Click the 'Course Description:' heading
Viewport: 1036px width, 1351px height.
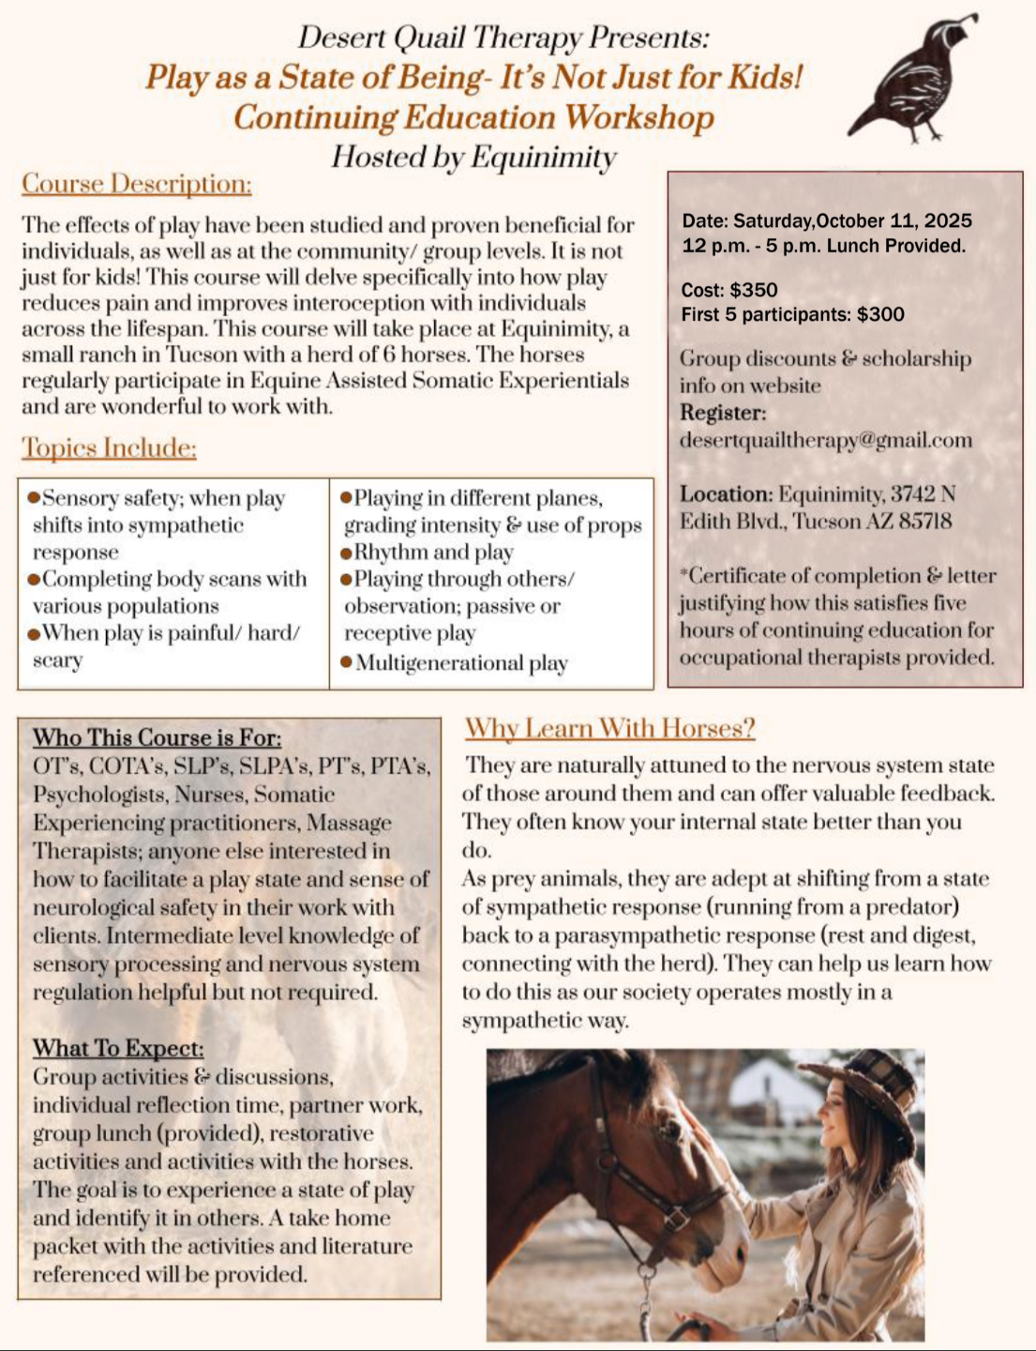137,184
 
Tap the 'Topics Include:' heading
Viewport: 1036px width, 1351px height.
109,448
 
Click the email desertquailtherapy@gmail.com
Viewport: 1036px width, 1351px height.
826,440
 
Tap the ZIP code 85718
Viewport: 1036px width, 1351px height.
925,521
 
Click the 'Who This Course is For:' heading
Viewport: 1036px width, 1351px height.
157,737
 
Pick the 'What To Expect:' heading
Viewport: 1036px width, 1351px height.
118,1048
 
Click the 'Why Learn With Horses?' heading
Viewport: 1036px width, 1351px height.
609,729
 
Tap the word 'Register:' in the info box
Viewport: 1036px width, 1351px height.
723,413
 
